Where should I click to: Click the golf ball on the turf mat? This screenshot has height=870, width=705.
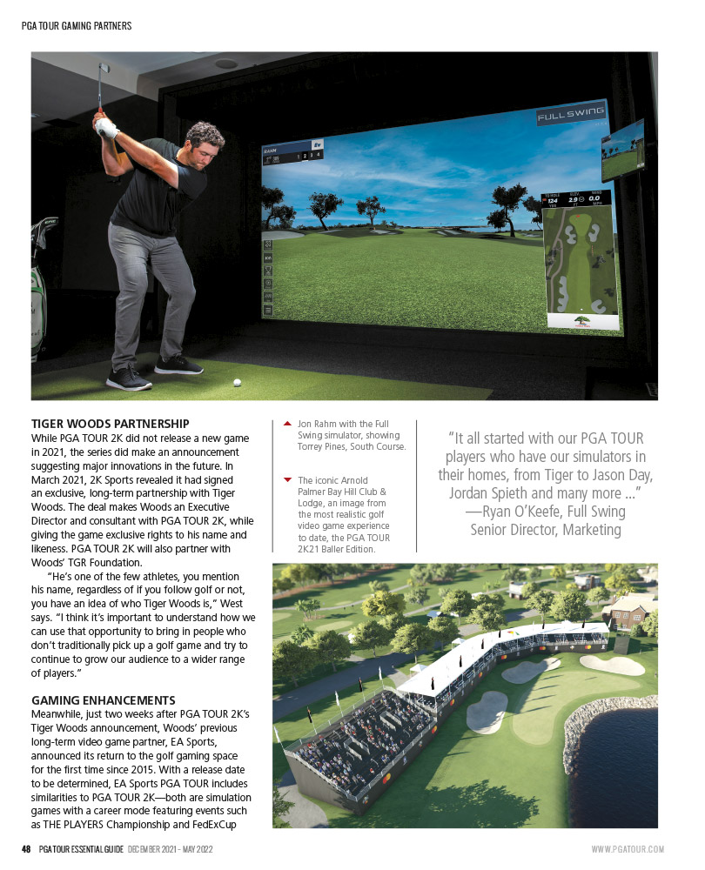tap(236, 381)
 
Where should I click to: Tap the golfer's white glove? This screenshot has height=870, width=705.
tap(106, 129)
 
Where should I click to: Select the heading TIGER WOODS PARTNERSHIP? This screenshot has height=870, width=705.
tap(110, 424)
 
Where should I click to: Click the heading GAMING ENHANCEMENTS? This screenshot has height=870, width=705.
tap(104, 699)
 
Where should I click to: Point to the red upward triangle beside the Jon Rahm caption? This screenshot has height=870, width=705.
tap(287, 424)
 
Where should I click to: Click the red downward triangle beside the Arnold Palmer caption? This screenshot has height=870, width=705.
tap(287, 479)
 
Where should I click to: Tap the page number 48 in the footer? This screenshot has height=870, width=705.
tap(27, 849)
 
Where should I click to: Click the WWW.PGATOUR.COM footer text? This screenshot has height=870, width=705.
tap(628, 849)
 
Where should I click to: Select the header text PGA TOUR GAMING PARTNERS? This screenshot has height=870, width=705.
tap(77, 26)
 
